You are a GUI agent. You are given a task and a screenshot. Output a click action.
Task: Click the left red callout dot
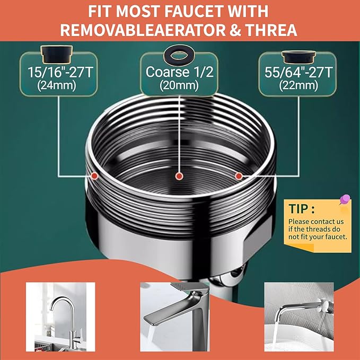tap(94, 174)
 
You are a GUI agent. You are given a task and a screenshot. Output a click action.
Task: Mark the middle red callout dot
tap(180, 175)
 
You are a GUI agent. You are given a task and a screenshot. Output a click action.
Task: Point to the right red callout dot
tap(239, 175)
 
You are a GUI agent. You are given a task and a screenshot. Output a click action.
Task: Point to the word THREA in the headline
tap(274, 29)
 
